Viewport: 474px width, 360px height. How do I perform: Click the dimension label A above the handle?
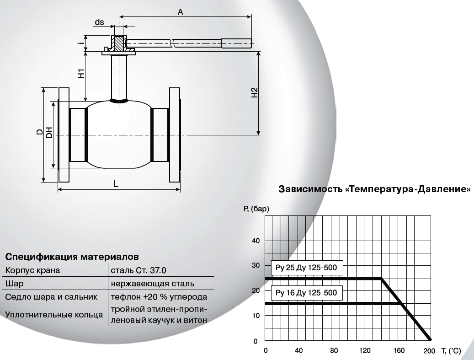[180, 12]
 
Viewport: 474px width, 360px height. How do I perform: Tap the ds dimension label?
[100, 22]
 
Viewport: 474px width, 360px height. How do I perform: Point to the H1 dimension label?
[81, 74]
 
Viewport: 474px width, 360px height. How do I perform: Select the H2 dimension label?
[255, 92]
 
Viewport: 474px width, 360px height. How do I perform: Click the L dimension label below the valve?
[116, 183]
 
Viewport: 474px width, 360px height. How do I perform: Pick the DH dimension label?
[49, 133]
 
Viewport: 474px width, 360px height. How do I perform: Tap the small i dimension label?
[80, 43]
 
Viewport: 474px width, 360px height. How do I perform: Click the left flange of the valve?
[64, 135]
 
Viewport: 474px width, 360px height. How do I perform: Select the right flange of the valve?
[175, 135]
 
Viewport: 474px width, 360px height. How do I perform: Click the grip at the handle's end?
[236, 43]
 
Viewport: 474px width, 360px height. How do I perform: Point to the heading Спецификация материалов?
[72, 257]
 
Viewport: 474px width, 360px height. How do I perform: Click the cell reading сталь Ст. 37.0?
[138, 270]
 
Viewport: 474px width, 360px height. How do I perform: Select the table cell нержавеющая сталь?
[153, 284]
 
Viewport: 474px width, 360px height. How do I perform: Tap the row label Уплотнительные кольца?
[54, 315]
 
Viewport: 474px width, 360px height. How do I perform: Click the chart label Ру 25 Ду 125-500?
[306, 268]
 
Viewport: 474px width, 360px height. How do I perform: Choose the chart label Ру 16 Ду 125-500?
[306, 293]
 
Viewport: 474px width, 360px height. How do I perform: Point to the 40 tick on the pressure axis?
[256, 241]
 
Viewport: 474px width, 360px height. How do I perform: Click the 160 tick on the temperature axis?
[399, 350]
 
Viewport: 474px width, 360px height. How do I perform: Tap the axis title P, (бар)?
[256, 209]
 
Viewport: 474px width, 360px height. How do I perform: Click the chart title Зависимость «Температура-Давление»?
[374, 189]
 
